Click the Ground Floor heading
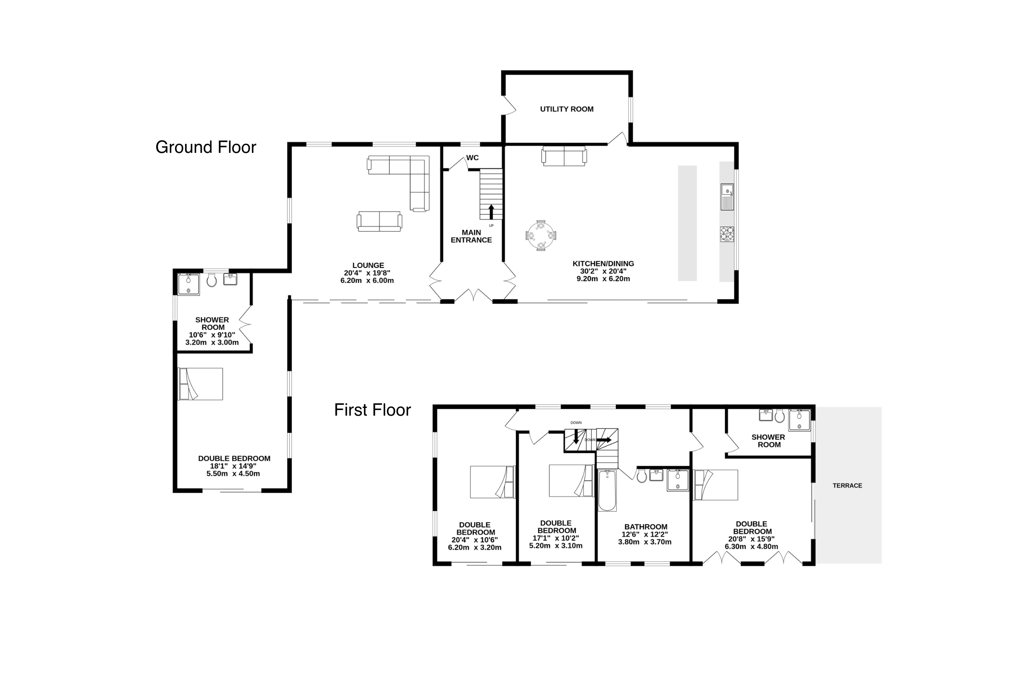pyautogui.click(x=206, y=147)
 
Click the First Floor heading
pyautogui.click(x=373, y=410)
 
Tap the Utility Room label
pyautogui.click(x=566, y=109)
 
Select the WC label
pyautogui.click(x=473, y=158)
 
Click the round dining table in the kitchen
pyautogui.click(x=541, y=236)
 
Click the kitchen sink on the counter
pyautogui.click(x=727, y=197)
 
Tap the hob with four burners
pyautogui.click(x=727, y=234)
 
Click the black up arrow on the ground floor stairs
pyautogui.click(x=491, y=212)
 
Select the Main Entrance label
pyautogui.click(x=471, y=236)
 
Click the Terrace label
pyautogui.click(x=847, y=486)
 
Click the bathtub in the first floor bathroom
pyautogui.click(x=607, y=491)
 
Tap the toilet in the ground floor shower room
pyautogui.click(x=212, y=280)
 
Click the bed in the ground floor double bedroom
pyautogui.click(x=200, y=384)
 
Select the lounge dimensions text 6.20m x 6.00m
pyautogui.click(x=367, y=280)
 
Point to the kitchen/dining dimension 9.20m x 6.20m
pyautogui.click(x=603, y=279)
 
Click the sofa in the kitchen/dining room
pyautogui.click(x=564, y=156)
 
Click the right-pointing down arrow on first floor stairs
pyautogui.click(x=604, y=440)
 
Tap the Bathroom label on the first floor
pyautogui.click(x=646, y=527)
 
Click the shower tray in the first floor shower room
pyautogui.click(x=800, y=420)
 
